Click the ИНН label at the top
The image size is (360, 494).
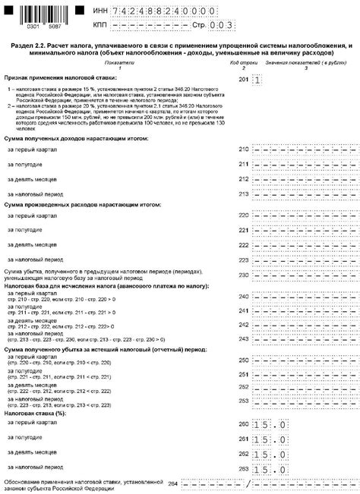[99, 10]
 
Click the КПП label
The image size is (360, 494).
[99, 24]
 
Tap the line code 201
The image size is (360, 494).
[243, 80]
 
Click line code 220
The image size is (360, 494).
[243, 216]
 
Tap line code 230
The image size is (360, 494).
[243, 277]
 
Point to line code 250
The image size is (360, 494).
[243, 360]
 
